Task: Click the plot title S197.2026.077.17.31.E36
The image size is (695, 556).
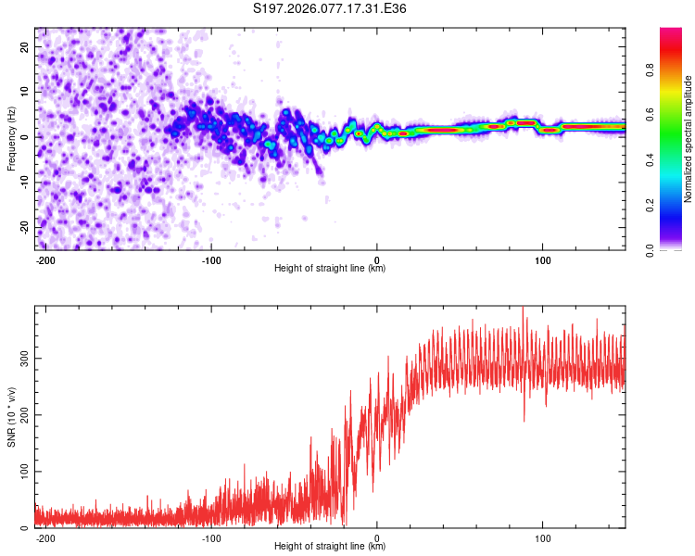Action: point(330,9)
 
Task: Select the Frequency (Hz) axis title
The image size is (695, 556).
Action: point(11,138)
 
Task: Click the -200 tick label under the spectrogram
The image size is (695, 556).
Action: point(44,259)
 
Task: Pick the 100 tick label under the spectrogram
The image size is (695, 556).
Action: point(543,259)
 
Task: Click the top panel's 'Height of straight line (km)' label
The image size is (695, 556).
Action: point(330,269)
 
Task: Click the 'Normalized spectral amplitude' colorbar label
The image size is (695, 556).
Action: point(689,139)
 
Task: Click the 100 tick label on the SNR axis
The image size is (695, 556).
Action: point(24,471)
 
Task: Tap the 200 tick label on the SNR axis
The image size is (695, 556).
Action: point(24,414)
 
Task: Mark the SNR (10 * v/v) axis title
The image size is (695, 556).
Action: point(11,417)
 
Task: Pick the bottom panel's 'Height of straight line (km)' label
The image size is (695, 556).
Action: point(330,547)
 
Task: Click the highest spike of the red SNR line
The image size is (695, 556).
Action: point(524,309)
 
